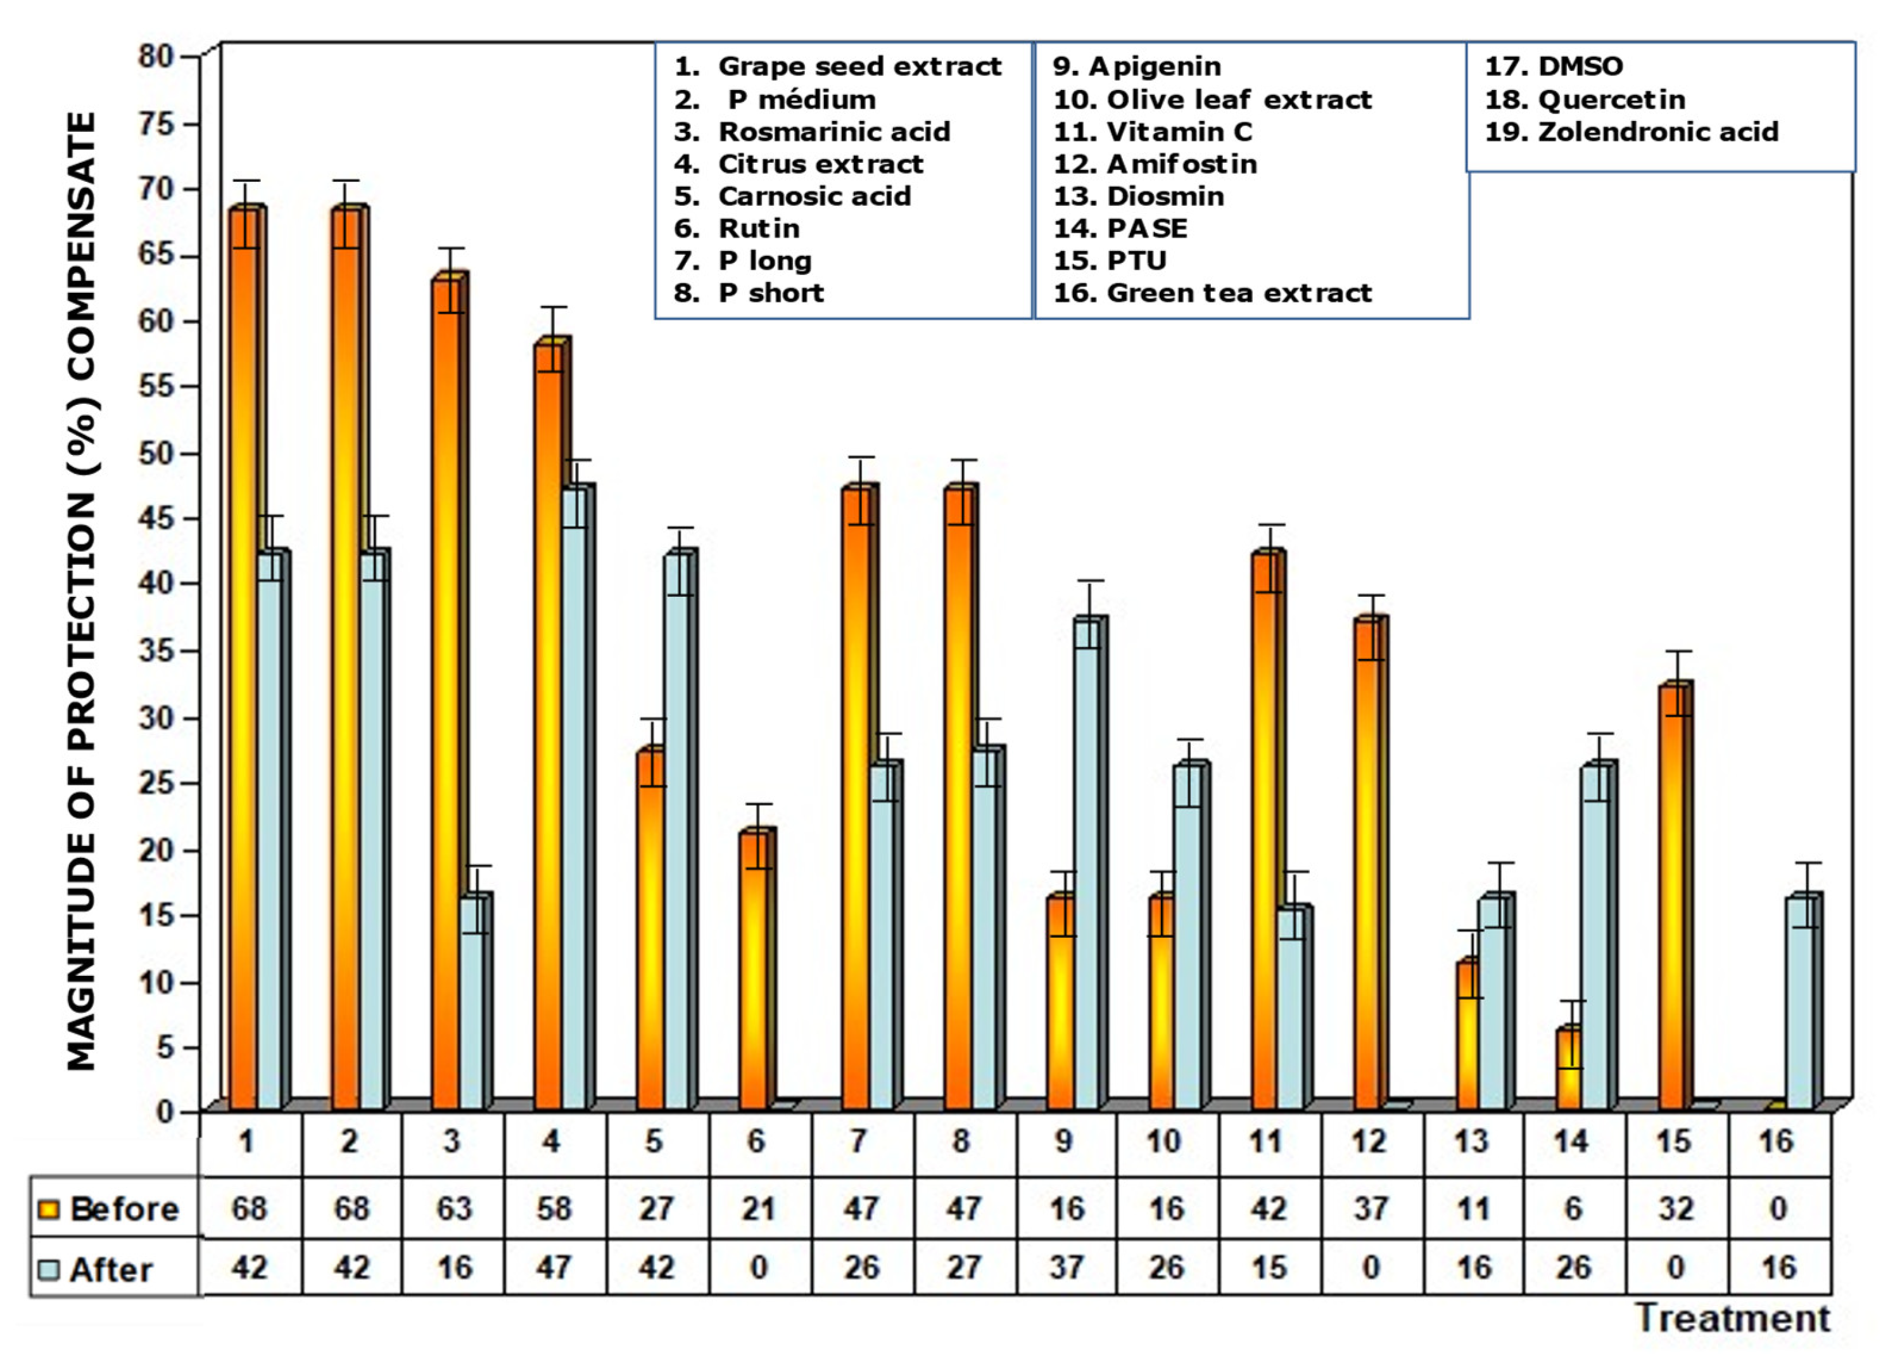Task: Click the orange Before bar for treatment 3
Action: [446, 697]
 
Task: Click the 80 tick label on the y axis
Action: [156, 56]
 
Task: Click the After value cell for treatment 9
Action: [1066, 1267]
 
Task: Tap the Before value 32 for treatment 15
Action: [1675, 1208]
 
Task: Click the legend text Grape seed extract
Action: [859, 67]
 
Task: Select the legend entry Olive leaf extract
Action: [1239, 99]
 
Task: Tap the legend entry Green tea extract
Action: [1239, 293]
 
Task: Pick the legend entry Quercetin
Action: [1611, 99]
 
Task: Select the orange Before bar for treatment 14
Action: [1568, 1070]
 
